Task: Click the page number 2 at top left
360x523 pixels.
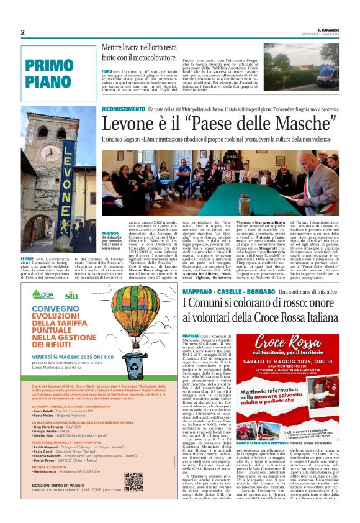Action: (22, 32)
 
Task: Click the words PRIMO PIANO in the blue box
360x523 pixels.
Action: (49, 73)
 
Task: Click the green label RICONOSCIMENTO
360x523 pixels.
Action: (124, 108)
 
